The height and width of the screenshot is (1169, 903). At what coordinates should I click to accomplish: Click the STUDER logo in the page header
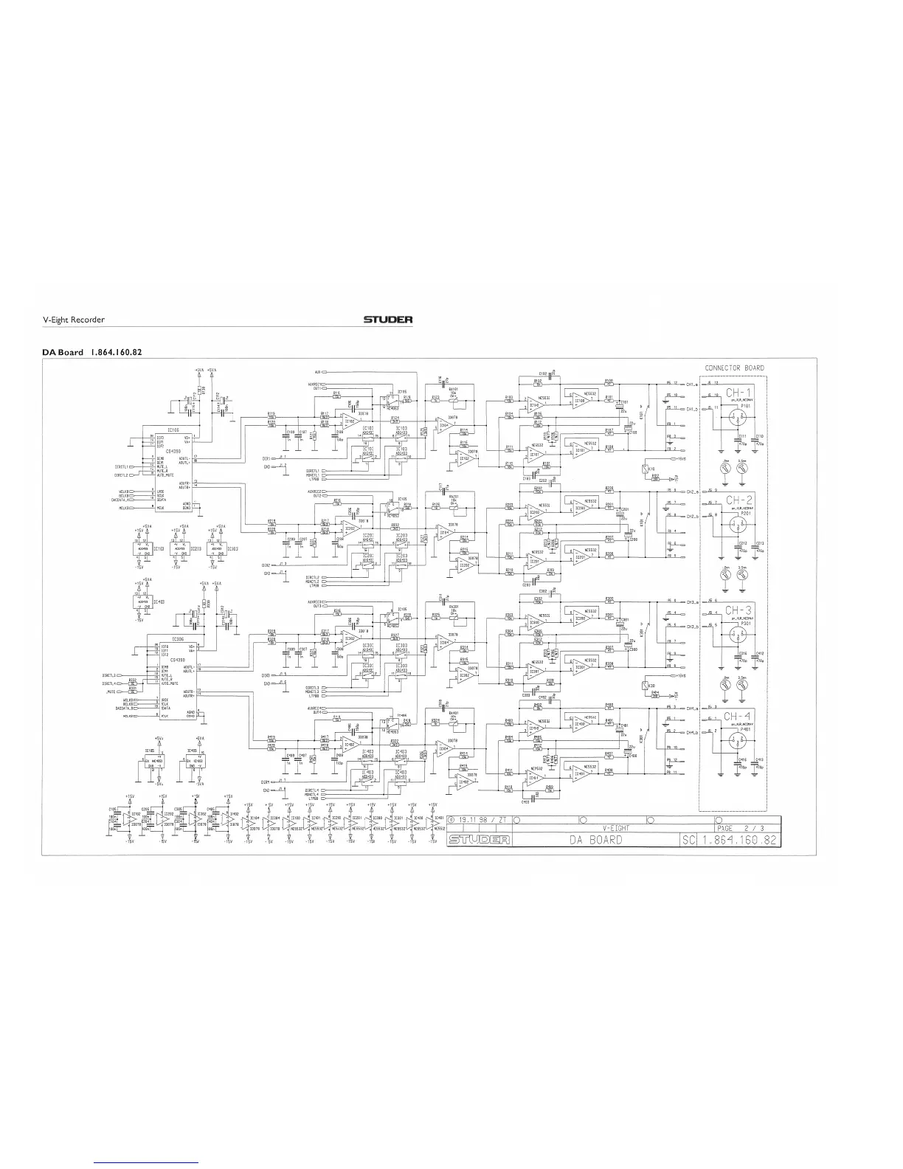pyautogui.click(x=387, y=320)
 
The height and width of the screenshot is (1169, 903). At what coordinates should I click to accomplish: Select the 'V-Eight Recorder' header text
pyautogui.click(x=73, y=320)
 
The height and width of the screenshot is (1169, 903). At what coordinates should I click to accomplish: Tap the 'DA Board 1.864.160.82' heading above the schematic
pyautogui.click(x=91, y=352)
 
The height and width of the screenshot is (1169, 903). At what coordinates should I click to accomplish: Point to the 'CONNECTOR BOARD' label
pyautogui.click(x=734, y=368)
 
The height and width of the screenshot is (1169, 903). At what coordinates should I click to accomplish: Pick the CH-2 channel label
pyautogui.click(x=738, y=500)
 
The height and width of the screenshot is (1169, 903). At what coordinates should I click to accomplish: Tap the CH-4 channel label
pyautogui.click(x=738, y=717)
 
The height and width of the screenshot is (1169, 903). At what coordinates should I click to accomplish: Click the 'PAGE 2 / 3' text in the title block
pyautogui.click(x=741, y=829)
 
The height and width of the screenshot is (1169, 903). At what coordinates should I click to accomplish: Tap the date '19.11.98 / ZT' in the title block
pyautogui.click(x=478, y=820)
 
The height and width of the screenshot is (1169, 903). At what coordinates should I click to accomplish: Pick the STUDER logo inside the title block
pyautogui.click(x=476, y=840)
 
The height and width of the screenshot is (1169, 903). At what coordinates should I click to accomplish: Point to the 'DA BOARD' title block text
pyautogui.click(x=595, y=840)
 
